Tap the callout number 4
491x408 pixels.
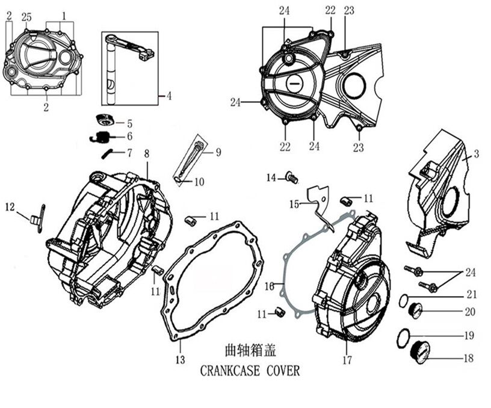tap(169, 95)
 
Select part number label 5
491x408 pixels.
tap(129, 124)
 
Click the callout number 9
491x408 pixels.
tap(218, 152)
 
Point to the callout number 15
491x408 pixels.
tap(294, 205)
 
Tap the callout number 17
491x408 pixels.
tap(347, 360)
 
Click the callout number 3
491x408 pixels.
tap(476, 155)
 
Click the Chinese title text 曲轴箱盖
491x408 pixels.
tap(250, 350)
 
